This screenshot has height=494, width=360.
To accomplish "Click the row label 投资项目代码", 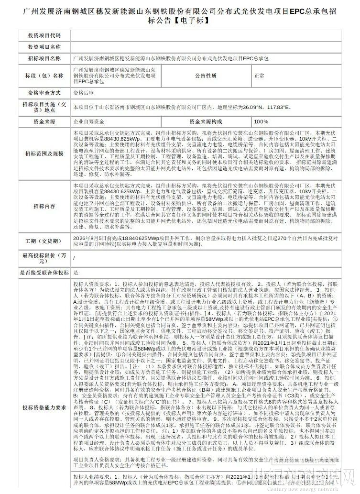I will coord(44,36).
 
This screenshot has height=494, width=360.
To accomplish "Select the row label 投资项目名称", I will coord(44,47).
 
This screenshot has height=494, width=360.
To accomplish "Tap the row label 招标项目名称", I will coord(44,58).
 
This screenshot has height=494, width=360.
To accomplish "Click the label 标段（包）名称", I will coord(44,76).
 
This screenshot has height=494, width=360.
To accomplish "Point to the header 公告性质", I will coord(205,76).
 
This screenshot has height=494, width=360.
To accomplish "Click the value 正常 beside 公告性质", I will coord(260,76).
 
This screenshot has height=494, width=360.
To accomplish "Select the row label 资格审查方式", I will coord(44,93).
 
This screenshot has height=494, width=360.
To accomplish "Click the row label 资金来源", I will coord(44,121).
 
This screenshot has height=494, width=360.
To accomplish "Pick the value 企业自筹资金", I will coord(88,121).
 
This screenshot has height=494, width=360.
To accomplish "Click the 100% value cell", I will coord(261,121).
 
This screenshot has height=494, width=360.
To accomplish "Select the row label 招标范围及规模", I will coord(44,154).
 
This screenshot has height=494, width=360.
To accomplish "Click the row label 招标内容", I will coord(44,206).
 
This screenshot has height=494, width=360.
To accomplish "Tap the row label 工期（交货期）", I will coord(44,240).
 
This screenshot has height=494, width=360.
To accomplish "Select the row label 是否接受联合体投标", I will coord(44,272).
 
